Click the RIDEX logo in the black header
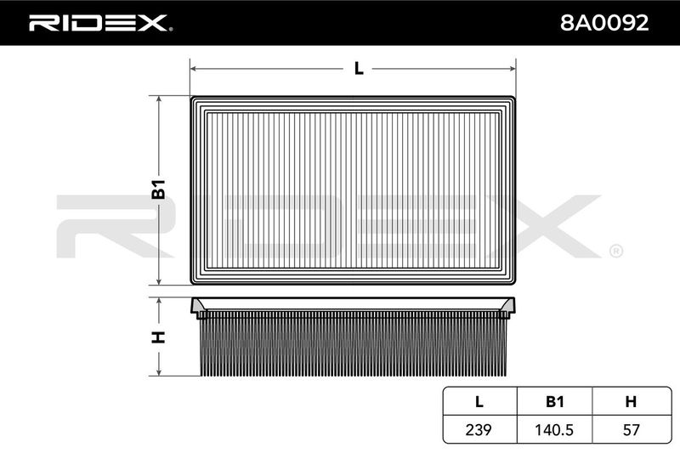click(100, 23)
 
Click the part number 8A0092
click(604, 23)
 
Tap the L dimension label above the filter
click(359, 69)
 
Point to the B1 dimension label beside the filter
click(159, 189)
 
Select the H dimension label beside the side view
click(159, 337)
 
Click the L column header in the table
click(479, 402)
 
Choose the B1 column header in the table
click(555, 402)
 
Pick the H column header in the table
click(631, 402)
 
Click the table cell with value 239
click(479, 429)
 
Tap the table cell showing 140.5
click(554, 429)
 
